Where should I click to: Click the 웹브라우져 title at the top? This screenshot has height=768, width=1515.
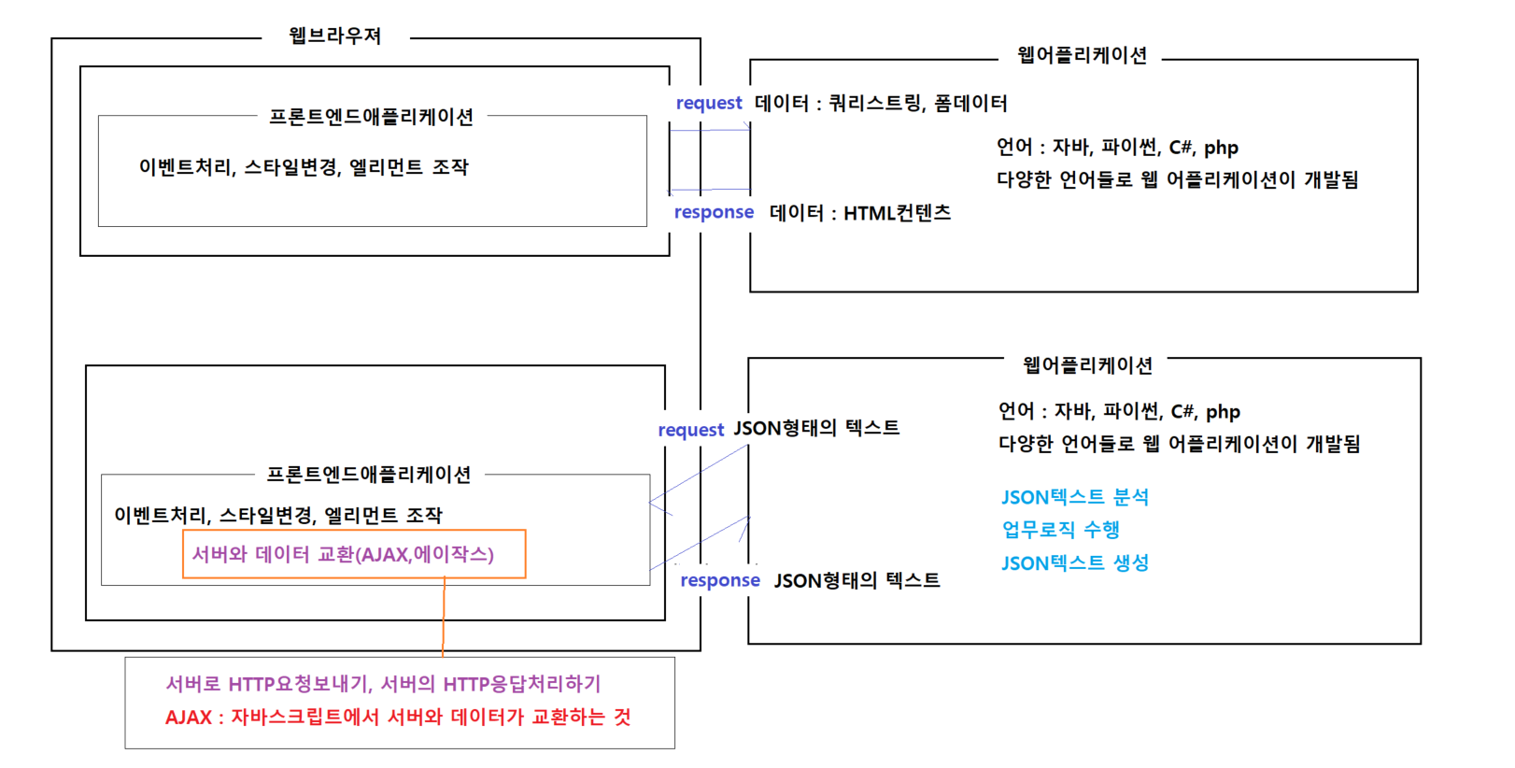pyautogui.click(x=335, y=36)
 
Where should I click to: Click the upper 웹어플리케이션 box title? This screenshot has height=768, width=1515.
pyautogui.click(x=1082, y=56)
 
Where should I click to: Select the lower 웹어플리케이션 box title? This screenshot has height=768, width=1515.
pyautogui.click(x=1087, y=365)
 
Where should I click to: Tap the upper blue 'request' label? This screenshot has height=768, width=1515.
pyautogui.click(x=709, y=103)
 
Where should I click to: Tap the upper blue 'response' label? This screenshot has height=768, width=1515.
pyautogui.click(x=714, y=212)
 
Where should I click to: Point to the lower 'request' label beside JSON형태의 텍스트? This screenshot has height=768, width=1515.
pyautogui.click(x=690, y=430)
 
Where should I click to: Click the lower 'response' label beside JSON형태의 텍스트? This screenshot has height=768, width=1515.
pyautogui.click(x=720, y=580)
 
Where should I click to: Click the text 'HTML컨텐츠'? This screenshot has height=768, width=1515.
pyautogui.click(x=897, y=213)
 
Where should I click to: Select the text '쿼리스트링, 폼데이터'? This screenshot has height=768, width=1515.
pyautogui.click(x=918, y=103)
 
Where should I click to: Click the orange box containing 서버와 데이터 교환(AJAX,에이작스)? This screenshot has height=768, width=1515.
pyautogui.click(x=354, y=554)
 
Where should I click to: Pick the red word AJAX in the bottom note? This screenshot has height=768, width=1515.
pyautogui.click(x=188, y=718)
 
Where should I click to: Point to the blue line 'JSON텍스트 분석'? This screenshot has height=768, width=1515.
pyautogui.click(x=1075, y=497)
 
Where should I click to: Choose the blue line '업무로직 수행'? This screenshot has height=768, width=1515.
pyautogui.click(x=1060, y=530)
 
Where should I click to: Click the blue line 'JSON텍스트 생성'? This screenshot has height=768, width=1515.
pyautogui.click(x=1075, y=563)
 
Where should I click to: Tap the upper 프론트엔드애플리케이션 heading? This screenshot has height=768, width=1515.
pyautogui.click(x=371, y=117)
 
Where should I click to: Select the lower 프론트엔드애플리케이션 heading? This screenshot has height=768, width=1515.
pyautogui.click(x=369, y=475)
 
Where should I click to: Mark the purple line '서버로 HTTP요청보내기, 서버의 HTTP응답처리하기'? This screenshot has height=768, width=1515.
pyautogui.click(x=383, y=684)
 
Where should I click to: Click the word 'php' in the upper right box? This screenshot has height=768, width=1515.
pyautogui.click(x=1221, y=148)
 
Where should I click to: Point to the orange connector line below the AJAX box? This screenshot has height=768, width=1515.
pyautogui.click(x=444, y=617)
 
